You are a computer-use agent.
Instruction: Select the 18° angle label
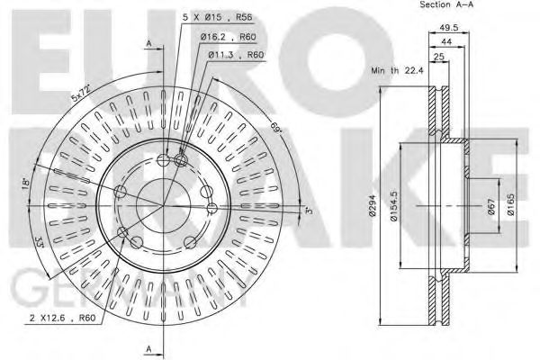(28, 184)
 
